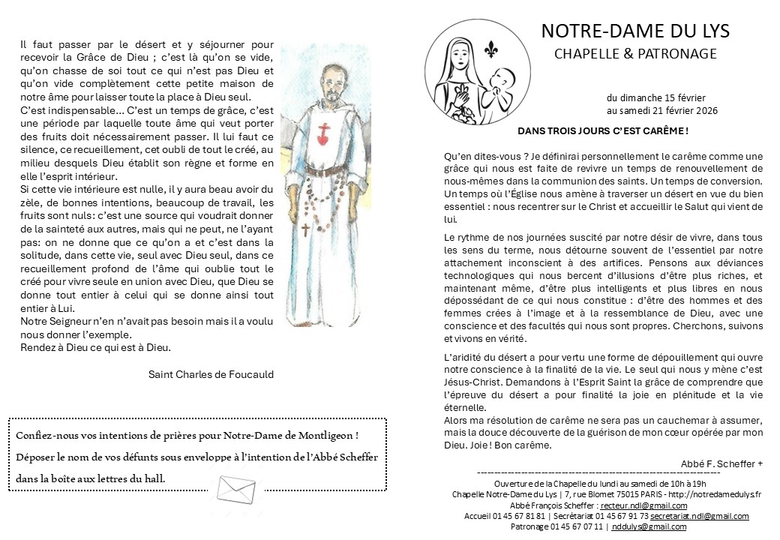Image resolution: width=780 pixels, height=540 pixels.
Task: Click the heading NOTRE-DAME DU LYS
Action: click(634, 31)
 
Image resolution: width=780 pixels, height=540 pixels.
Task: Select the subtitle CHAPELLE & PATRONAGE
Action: click(635, 53)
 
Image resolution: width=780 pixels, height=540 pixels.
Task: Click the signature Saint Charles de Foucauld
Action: click(211, 374)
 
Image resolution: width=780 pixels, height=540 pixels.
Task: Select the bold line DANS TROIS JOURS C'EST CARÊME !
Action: click(603, 130)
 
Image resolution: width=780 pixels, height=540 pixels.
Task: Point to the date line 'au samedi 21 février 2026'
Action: click(662, 110)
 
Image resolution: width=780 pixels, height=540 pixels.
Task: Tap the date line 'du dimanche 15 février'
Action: click(656, 97)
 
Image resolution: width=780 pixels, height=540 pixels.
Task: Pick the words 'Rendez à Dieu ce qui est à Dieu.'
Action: click(96, 347)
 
